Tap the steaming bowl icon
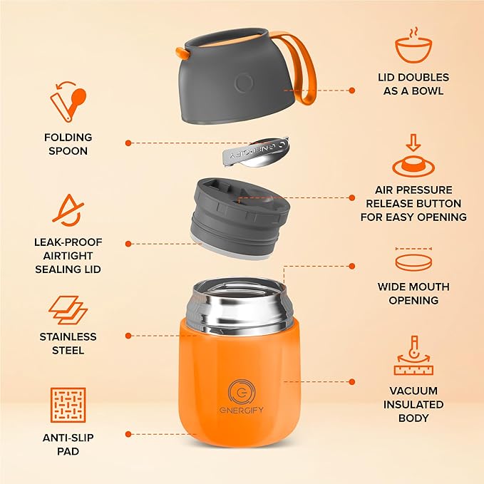click(413, 47)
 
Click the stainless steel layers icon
click(68, 311)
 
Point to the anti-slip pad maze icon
click(68, 405)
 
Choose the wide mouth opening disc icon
click(413, 262)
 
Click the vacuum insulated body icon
click(413, 356)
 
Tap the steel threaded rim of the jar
click(239, 303)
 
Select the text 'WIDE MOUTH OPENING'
click(413, 294)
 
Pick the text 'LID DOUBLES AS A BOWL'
click(413, 83)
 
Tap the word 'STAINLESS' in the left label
click(68, 336)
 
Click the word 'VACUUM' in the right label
click(413, 391)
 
